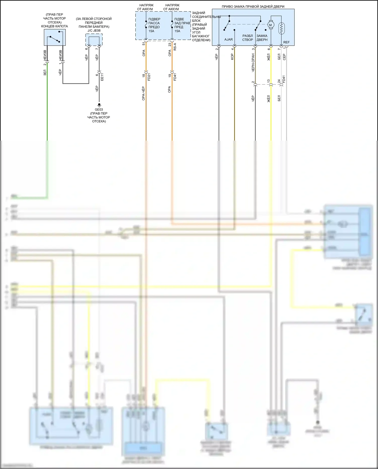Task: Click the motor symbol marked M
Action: click(x=271, y=25)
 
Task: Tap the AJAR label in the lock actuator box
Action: click(x=229, y=40)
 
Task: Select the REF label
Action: click(x=286, y=42)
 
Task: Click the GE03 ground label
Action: click(x=99, y=110)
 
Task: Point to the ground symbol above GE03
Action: click(x=99, y=105)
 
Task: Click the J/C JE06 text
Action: click(x=94, y=30)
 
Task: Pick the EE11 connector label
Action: click(x=102, y=77)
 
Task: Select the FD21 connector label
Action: click(x=149, y=77)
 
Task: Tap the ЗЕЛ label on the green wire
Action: click(x=45, y=73)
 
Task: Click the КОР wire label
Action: click(x=232, y=57)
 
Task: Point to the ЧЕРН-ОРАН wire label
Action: click(x=253, y=62)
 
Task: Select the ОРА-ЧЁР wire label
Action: click(x=143, y=93)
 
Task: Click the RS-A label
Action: click(x=175, y=47)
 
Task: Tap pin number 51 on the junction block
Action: click(x=144, y=44)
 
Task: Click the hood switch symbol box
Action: click(x=55, y=37)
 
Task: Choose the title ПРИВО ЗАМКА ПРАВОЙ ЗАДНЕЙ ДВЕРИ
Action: click(x=253, y=7)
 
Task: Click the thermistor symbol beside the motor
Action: click(x=281, y=28)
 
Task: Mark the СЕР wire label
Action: click(x=284, y=57)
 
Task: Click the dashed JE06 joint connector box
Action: click(x=94, y=40)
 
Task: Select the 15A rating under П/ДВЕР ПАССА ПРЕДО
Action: click(x=151, y=31)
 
